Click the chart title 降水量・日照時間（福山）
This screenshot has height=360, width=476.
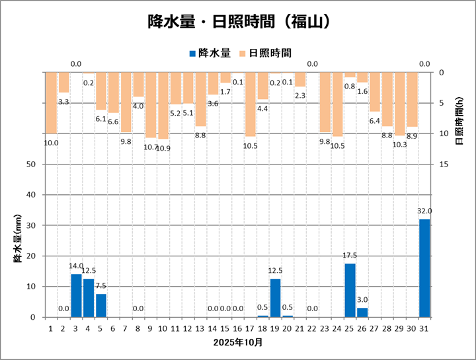click(x=238, y=22)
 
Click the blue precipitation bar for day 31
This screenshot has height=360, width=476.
click(x=424, y=268)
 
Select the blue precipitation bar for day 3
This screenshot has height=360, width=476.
click(x=76, y=295)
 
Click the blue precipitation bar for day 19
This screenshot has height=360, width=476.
click(x=275, y=298)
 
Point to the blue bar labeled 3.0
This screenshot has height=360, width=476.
click(x=362, y=312)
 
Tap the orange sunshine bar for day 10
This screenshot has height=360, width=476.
click(x=163, y=106)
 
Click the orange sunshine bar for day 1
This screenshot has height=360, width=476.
click(x=51, y=103)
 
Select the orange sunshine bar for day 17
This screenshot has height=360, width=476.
click(x=251, y=104)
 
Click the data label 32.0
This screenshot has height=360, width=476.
click(x=424, y=211)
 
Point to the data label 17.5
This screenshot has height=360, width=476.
click(x=350, y=256)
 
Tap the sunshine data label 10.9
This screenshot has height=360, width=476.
click(x=163, y=148)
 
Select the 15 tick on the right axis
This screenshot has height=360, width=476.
click(x=444, y=164)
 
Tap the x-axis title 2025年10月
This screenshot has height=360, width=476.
click(x=238, y=343)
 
